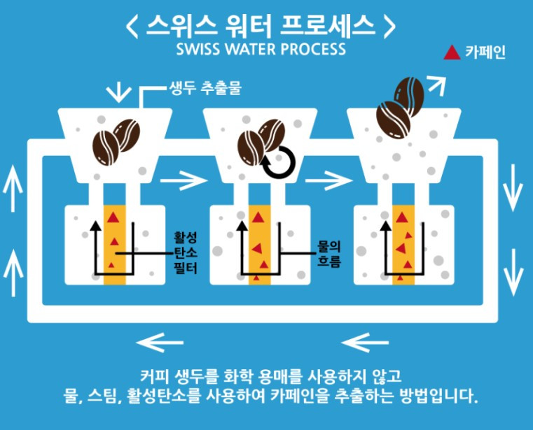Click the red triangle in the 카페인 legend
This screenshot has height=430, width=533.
click(x=452, y=53)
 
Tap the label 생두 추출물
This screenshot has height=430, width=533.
click(x=205, y=88)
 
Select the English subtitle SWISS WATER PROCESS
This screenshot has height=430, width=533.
click(x=261, y=49)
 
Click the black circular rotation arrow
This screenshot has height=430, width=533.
click(x=279, y=163)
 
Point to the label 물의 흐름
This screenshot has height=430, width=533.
click(x=328, y=255)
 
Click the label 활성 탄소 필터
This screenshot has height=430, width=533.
click(x=186, y=253)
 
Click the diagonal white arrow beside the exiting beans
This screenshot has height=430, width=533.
click(x=437, y=85)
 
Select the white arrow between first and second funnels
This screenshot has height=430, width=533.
click(x=184, y=180)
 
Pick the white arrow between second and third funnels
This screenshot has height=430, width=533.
click(x=328, y=180)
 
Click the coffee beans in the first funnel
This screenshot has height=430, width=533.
click(x=116, y=142)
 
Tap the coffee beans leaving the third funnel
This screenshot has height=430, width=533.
click(x=400, y=107)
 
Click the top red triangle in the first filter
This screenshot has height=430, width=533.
click(x=113, y=217)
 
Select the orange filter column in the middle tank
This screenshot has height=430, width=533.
click(x=260, y=245)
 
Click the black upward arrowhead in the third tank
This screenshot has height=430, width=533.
click(x=386, y=225)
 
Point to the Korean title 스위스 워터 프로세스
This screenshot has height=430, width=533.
click(x=261, y=26)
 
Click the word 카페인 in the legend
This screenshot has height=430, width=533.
click(x=485, y=52)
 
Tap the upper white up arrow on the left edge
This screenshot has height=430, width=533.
click(x=13, y=188)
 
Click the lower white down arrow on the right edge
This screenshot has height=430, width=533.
click(x=513, y=272)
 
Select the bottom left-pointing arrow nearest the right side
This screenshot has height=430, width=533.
click(x=365, y=343)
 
